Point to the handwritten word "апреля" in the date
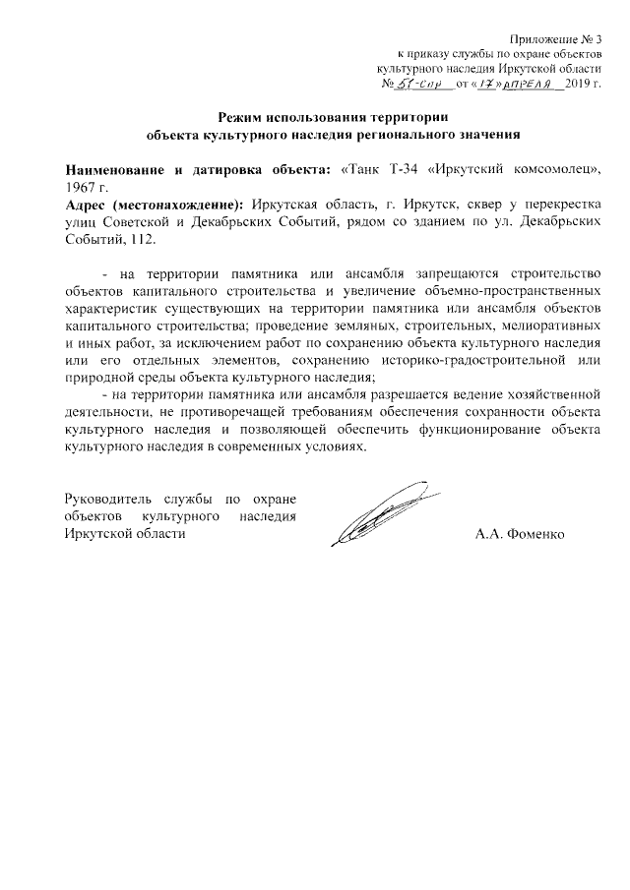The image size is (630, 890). (525, 85)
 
